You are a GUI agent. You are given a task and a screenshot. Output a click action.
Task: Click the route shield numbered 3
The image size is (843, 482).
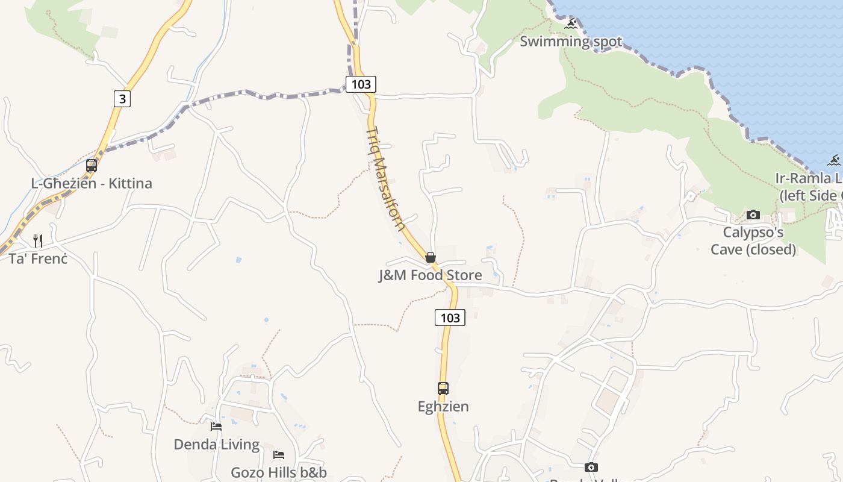(x=122, y=98)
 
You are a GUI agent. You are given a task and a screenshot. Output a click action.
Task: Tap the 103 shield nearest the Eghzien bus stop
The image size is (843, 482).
(x=450, y=318)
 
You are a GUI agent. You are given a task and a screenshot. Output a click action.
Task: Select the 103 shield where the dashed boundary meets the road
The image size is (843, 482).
(x=361, y=84)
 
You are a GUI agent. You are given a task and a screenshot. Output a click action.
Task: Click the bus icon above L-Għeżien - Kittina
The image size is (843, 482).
(x=92, y=165)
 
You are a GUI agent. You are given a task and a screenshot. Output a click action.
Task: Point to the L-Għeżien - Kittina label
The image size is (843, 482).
(x=92, y=183)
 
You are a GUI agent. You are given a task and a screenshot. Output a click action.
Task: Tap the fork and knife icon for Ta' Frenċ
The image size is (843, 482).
(x=38, y=241)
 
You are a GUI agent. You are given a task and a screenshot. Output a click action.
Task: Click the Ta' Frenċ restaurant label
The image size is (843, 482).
(x=38, y=259)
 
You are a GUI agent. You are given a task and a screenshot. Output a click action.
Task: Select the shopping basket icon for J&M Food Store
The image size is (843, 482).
(x=431, y=258)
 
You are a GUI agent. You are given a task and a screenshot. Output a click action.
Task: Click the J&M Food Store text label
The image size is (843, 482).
(x=430, y=275)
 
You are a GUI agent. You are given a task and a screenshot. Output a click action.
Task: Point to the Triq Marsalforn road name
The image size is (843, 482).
(x=385, y=179)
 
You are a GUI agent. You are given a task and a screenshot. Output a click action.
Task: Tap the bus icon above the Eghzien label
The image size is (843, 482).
(x=443, y=389)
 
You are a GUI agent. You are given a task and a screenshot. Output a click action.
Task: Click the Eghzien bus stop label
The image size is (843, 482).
(x=443, y=407)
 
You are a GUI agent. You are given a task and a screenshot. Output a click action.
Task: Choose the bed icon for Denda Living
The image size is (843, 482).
(x=216, y=427)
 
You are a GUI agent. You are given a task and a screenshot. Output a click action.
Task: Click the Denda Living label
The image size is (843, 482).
(x=216, y=445)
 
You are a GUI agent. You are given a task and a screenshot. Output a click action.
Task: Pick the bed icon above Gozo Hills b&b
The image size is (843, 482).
(x=278, y=454)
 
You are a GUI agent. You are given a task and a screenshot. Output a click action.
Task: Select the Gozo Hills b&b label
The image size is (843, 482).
(x=278, y=472)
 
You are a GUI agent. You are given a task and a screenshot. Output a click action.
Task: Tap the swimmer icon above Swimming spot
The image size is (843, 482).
(x=571, y=23)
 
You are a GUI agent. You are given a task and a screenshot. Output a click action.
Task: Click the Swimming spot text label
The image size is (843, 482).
(x=571, y=42)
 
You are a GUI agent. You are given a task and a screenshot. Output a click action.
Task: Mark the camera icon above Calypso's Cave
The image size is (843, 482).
(x=753, y=214)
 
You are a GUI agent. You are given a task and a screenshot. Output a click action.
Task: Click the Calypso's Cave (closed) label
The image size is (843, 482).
(x=753, y=240)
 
